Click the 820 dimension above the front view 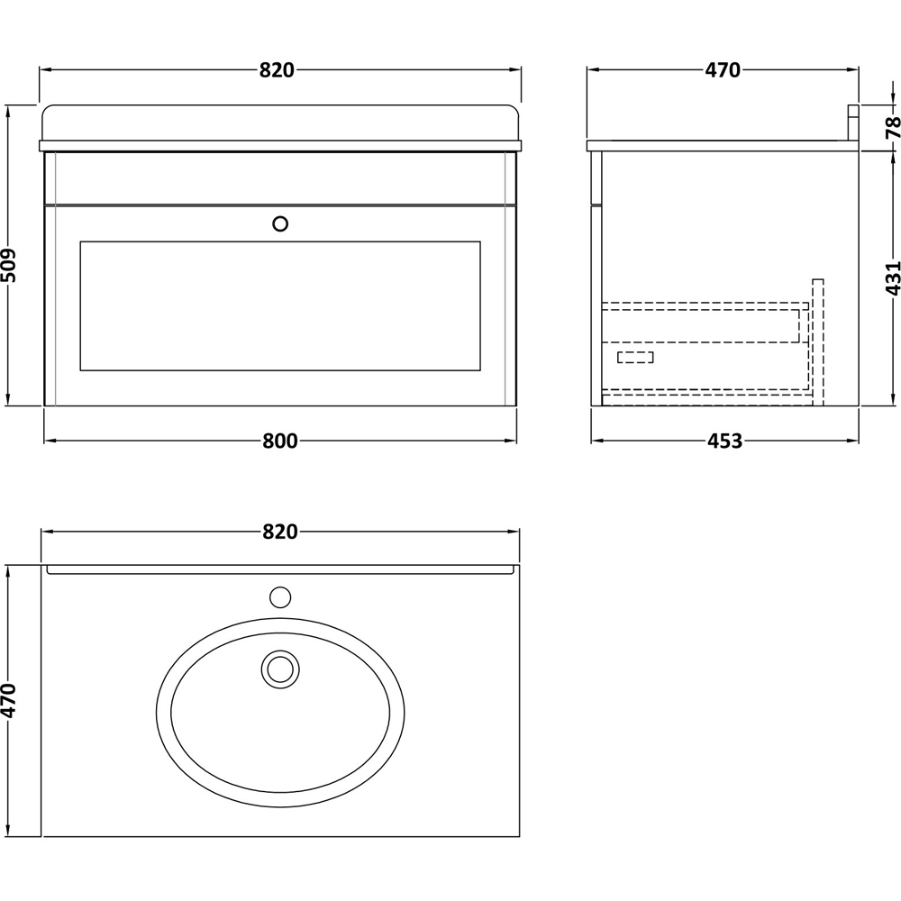[x=278, y=70]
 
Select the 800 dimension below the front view [x=280, y=441]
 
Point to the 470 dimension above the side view [x=722, y=70]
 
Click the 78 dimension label [x=892, y=128]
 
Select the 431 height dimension [x=892, y=280]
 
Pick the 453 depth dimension [x=724, y=441]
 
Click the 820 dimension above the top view [x=280, y=532]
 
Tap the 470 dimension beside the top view [x=10, y=700]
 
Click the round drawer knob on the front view [x=280, y=223]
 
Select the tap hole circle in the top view [x=281, y=596]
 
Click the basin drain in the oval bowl [x=279, y=669]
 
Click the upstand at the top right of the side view [x=851, y=123]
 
